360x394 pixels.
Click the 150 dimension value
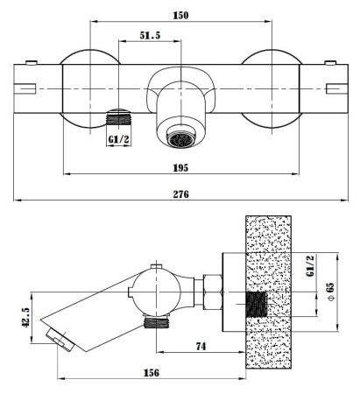pos(180,15)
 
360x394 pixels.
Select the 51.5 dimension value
pos(150,35)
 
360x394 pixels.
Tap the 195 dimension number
pos(180,168)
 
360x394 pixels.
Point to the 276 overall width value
pos(181,194)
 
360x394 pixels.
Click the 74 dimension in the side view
pos(201,347)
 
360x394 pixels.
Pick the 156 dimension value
pos(152,373)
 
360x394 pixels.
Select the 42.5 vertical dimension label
pos(26,317)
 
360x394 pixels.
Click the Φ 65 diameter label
pos(330,292)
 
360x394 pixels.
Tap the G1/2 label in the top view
pos(118,139)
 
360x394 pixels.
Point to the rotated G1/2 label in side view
pos(310,265)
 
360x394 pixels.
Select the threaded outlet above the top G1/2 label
pos(118,116)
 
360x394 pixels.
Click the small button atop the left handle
pos(32,62)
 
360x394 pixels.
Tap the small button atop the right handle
pos(330,62)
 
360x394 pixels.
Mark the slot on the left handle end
pos(25,88)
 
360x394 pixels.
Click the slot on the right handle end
pos(337,88)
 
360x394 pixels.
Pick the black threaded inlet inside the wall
pos(257,305)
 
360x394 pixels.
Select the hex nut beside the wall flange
pos(213,292)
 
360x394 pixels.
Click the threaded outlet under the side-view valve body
pos(157,323)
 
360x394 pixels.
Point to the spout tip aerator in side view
pos(60,340)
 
